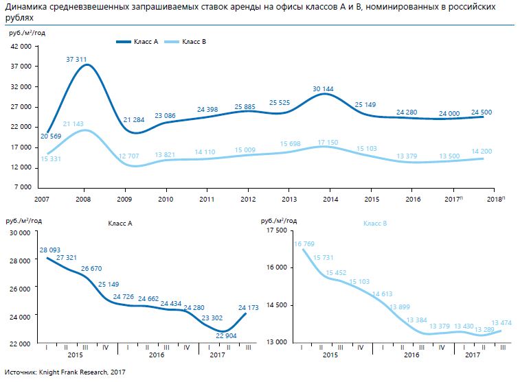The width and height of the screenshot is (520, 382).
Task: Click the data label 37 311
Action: click(76, 60)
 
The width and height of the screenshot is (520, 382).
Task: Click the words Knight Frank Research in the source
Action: click(71, 372)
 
